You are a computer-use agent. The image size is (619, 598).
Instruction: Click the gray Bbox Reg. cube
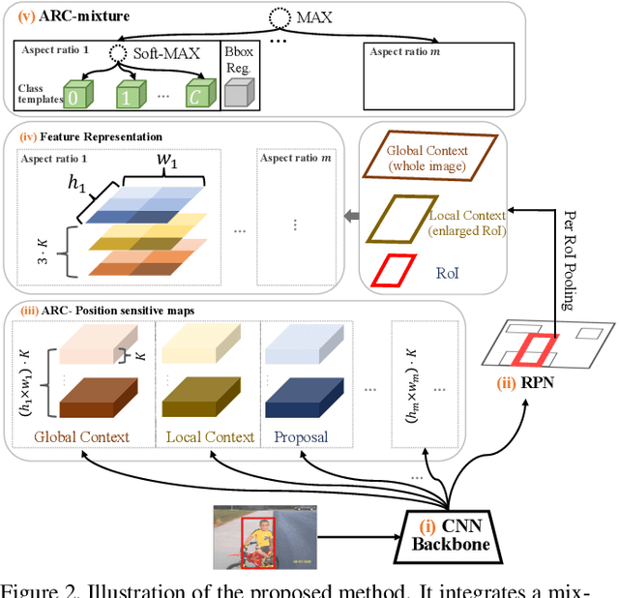(x=236, y=92)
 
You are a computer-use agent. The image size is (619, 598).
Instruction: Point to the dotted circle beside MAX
(x=280, y=17)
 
